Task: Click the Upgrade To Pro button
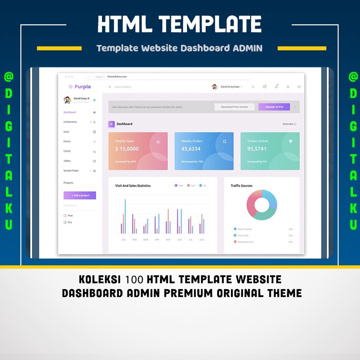(274, 107)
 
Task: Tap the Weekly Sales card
(138, 151)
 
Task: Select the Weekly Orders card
(204, 151)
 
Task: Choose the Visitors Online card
(270, 151)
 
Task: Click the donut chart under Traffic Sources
(262, 205)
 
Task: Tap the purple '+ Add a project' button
(79, 195)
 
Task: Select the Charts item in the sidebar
(67, 151)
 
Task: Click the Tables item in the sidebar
(67, 161)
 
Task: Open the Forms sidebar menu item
(67, 141)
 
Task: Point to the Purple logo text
(83, 87)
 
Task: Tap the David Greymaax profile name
(230, 87)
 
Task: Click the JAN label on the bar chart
(123, 240)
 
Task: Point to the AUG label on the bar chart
(201, 240)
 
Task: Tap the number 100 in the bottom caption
(134, 279)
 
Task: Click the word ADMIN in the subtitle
(247, 48)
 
